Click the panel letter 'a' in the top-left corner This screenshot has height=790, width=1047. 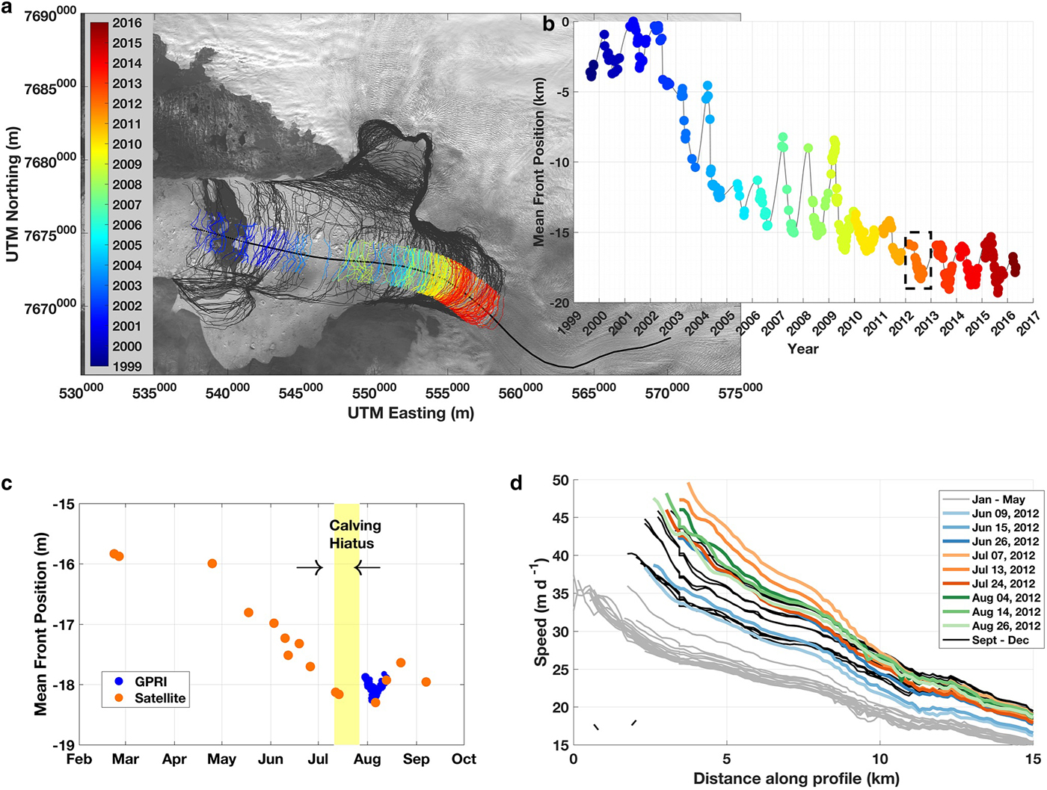point(7,8)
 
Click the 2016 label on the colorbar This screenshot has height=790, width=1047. point(127,23)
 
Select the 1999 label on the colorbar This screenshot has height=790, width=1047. point(127,366)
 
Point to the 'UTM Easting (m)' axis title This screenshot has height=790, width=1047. point(411,413)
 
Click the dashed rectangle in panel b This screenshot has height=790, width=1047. point(918,260)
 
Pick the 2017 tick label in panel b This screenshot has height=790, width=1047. point(1028,324)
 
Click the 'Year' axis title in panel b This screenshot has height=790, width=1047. point(802,348)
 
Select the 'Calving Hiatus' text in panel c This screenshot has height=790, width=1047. point(354,534)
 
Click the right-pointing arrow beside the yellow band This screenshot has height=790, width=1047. point(310,568)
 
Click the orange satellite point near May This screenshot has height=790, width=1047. point(212,564)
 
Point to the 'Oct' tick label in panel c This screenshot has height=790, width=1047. point(464,759)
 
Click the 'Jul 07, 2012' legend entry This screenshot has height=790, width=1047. point(1004,555)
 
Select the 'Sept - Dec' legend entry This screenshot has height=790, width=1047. point(1000,640)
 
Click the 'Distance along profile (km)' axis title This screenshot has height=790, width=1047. point(796,779)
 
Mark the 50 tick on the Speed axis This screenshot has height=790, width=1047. point(560,481)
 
